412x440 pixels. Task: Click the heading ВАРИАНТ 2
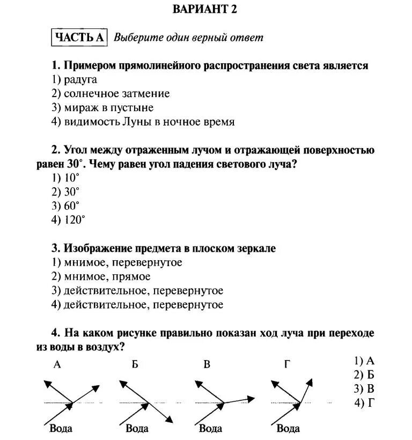(205, 9)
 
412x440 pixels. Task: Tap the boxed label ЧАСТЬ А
(79, 37)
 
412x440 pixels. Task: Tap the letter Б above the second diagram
(135, 365)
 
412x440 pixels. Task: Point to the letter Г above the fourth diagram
(287, 365)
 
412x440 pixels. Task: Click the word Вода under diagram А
(61, 428)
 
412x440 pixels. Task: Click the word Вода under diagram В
(210, 428)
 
